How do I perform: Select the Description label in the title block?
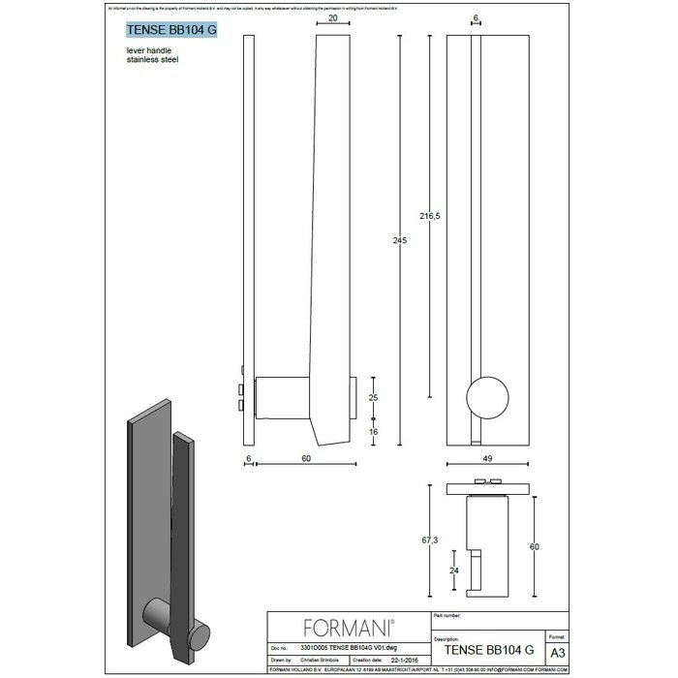tap(447, 639)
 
